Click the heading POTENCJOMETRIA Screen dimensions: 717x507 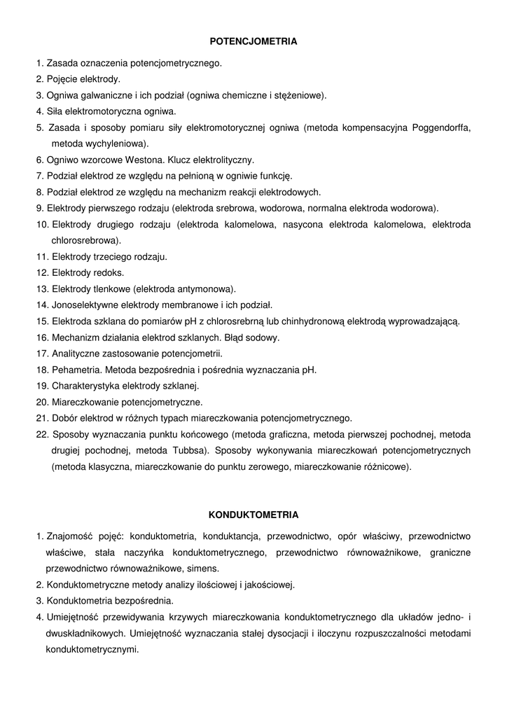253,41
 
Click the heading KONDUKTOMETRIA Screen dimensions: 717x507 253,515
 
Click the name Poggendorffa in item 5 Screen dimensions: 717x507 441,127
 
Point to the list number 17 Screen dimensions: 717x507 42,354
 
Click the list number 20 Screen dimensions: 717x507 42,402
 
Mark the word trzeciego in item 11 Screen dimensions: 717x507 111,256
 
